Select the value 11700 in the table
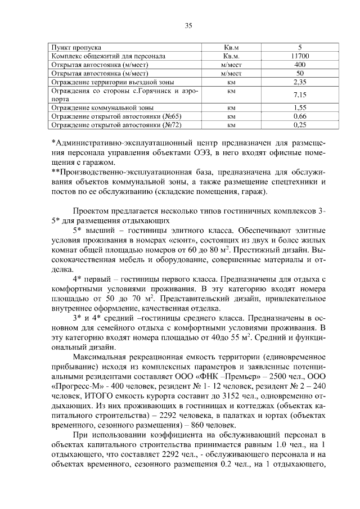[x=299, y=56]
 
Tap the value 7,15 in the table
[x=299, y=94]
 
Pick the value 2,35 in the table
[x=299, y=82]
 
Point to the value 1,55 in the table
[x=299, y=107]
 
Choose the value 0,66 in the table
[x=299, y=116]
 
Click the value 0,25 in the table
[x=299, y=124]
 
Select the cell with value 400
[x=299, y=65]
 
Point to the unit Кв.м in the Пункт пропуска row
[x=231, y=48]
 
